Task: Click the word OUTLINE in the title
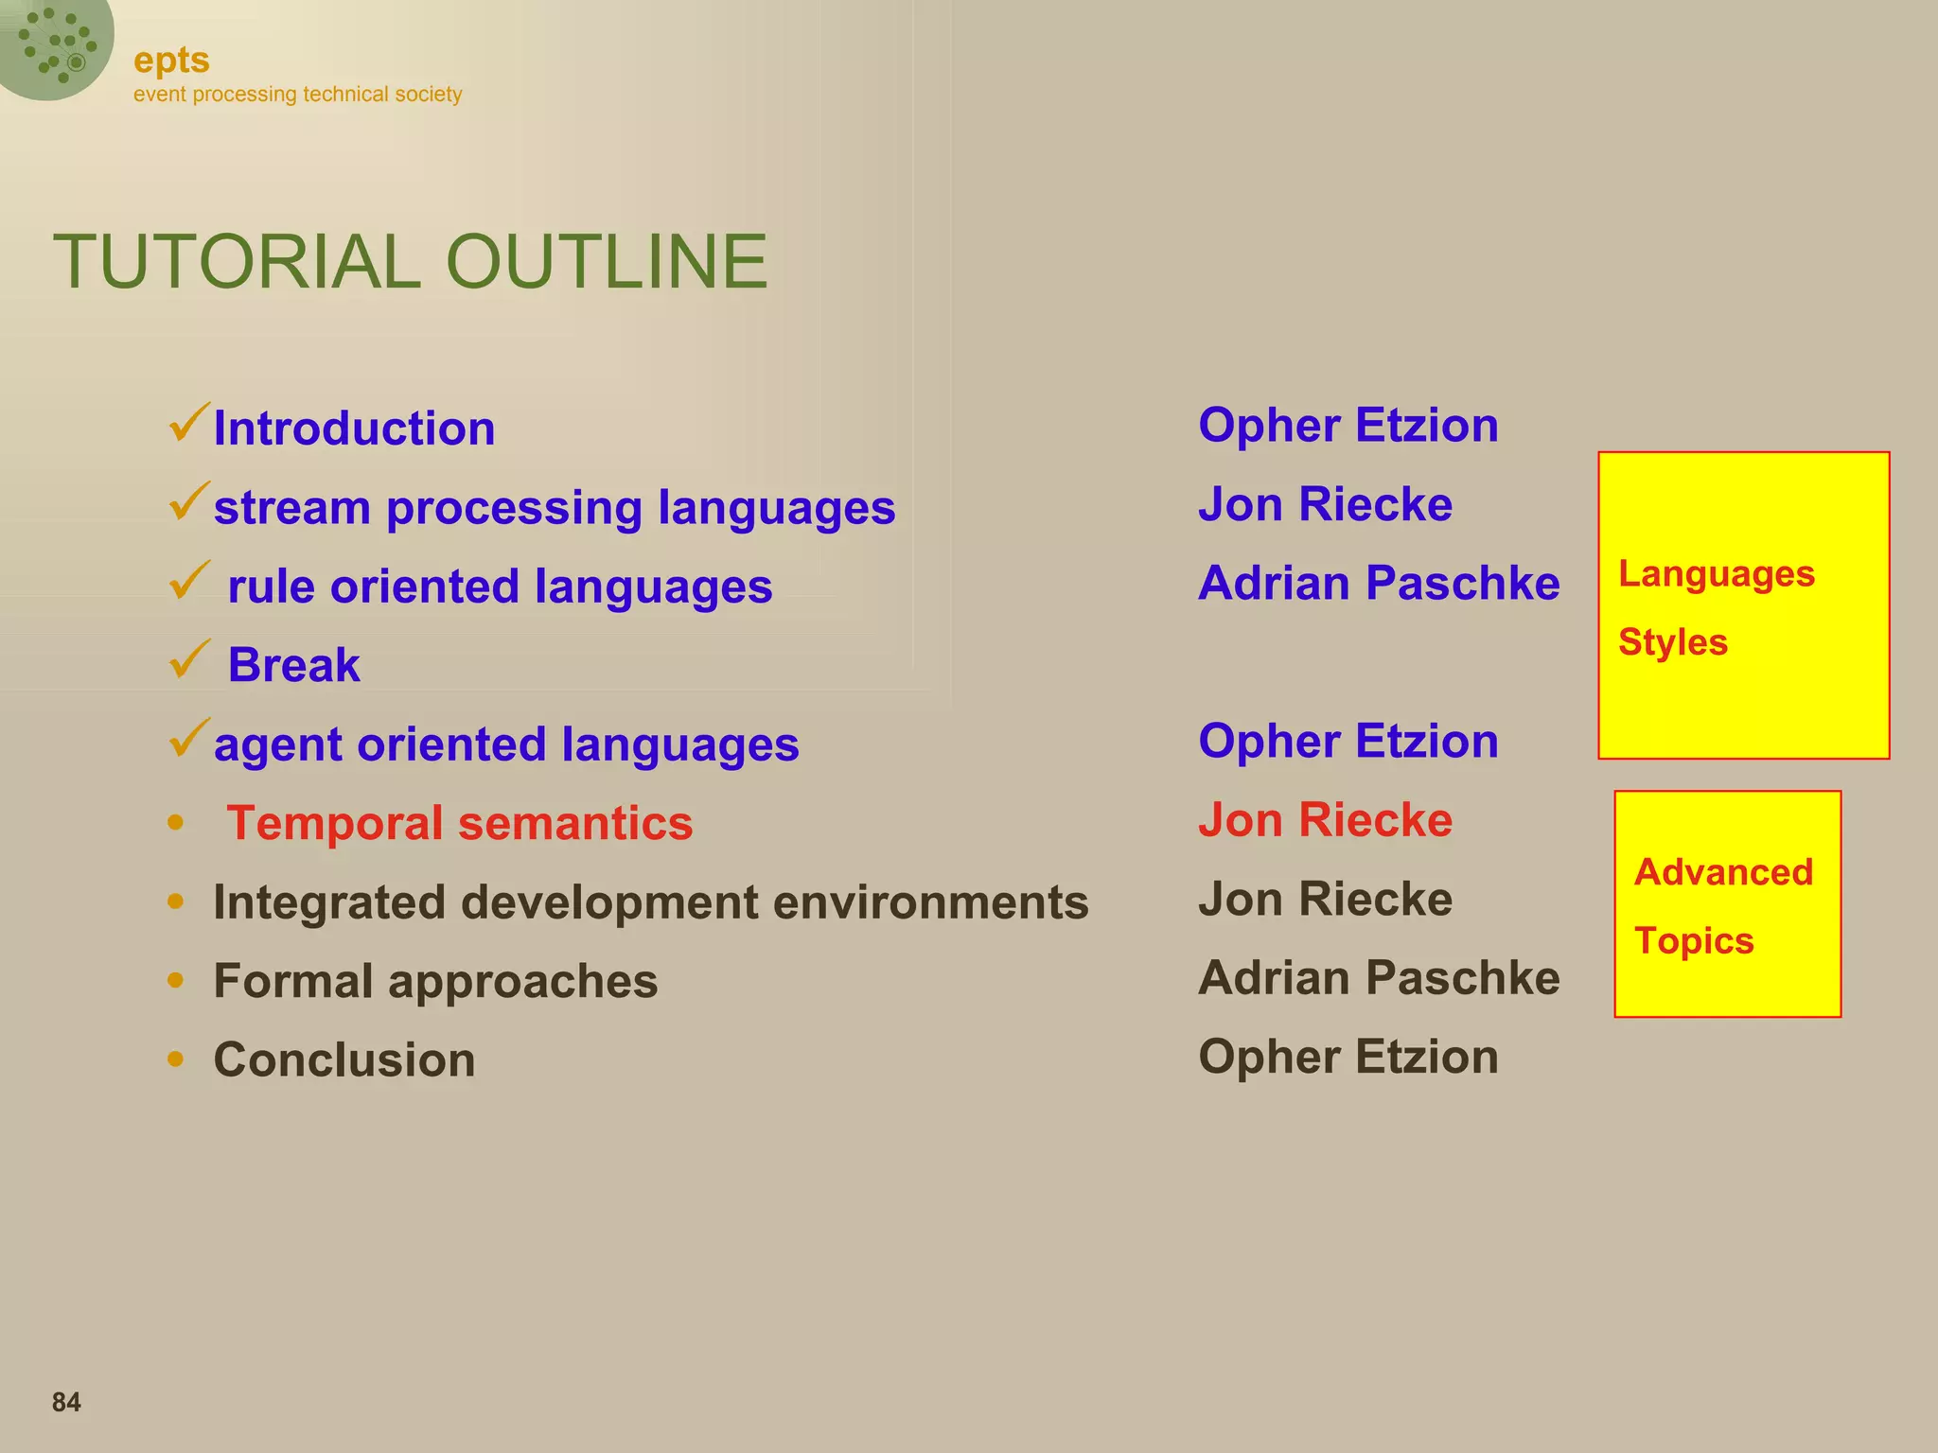pyautogui.click(x=606, y=262)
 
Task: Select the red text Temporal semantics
pyautogui.click(x=459, y=823)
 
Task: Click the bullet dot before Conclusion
pyautogui.click(x=175, y=1059)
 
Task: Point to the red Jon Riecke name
pyautogui.click(x=1325, y=820)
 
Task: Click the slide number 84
pyautogui.click(x=66, y=1402)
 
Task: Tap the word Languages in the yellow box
pyautogui.click(x=1716, y=574)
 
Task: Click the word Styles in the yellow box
pyautogui.click(x=1672, y=642)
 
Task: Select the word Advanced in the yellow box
pyautogui.click(x=1723, y=872)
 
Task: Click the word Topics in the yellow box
pyautogui.click(x=1694, y=941)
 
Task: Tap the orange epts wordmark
pyautogui.click(x=171, y=61)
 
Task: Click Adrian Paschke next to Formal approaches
pyautogui.click(x=1378, y=978)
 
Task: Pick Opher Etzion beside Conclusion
pyautogui.click(x=1348, y=1057)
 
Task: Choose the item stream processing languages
pyautogui.click(x=554, y=508)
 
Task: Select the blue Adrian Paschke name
pyautogui.click(x=1378, y=584)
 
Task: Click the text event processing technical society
pyautogui.click(x=297, y=95)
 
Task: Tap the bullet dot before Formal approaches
pyautogui.click(x=175, y=980)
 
